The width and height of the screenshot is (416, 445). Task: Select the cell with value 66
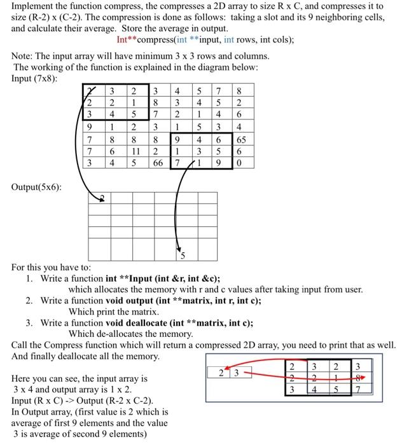click(158, 163)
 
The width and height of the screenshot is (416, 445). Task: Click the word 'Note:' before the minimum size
click(25, 56)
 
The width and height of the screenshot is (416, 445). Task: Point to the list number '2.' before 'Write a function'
click(30, 300)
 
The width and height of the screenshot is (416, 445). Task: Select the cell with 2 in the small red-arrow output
click(221, 373)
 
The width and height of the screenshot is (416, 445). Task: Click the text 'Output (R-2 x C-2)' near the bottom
click(113, 400)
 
